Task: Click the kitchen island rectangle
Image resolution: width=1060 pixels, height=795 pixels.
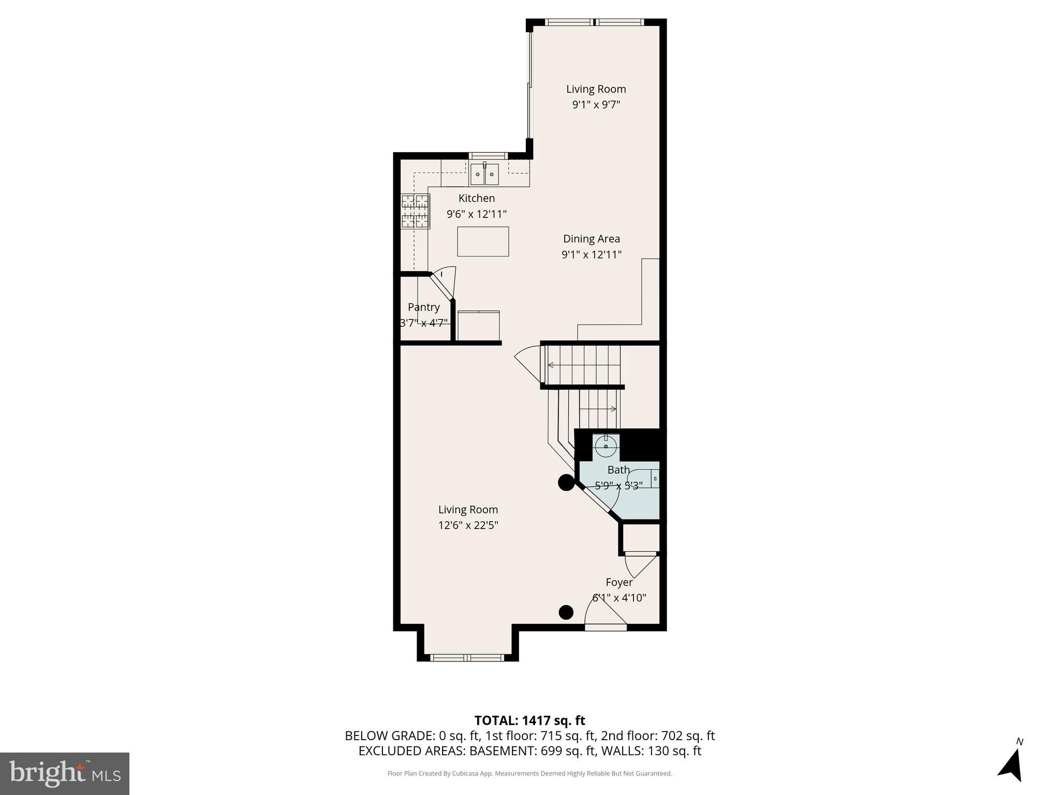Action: point(482,241)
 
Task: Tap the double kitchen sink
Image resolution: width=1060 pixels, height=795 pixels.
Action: point(484,174)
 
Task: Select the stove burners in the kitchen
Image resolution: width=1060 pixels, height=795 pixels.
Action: point(416,211)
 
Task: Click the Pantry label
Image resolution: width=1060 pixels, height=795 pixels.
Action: point(423,307)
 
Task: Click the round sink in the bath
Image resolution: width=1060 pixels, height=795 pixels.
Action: point(606,445)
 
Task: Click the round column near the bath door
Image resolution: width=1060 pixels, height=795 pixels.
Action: point(566,483)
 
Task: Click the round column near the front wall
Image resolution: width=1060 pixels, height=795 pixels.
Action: point(566,612)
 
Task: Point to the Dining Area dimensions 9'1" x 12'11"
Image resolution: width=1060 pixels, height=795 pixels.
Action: point(591,255)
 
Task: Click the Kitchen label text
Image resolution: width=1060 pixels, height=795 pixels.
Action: point(476,198)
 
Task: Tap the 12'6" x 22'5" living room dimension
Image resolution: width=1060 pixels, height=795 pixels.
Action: point(468,525)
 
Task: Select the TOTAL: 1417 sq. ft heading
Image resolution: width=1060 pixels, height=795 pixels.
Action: point(529,720)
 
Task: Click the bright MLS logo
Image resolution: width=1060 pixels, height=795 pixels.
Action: point(64,773)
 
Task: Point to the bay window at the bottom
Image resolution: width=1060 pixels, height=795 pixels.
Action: point(467,657)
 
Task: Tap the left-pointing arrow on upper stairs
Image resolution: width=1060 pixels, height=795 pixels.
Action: point(551,365)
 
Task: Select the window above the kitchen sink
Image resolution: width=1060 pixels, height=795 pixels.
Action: point(487,155)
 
